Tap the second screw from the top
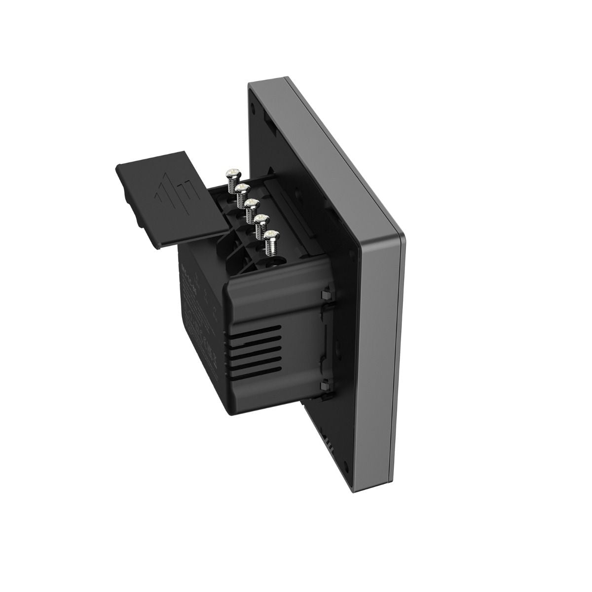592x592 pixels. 241,189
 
